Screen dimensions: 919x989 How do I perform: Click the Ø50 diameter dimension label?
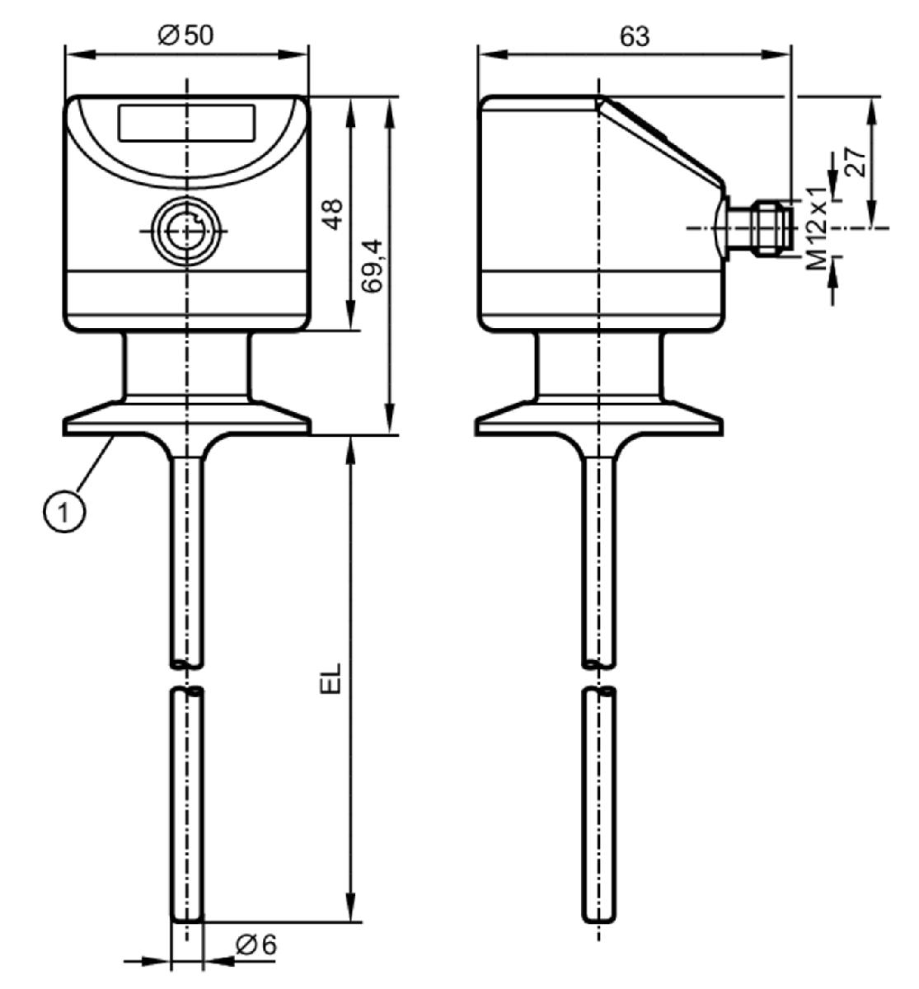tap(185, 35)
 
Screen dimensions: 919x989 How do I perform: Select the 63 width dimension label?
tap(635, 37)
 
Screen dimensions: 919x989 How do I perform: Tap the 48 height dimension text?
tap(333, 214)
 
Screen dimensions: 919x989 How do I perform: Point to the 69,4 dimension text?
tap(373, 266)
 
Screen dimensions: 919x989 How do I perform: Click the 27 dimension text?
tap(856, 162)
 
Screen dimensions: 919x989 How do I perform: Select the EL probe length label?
tap(331, 677)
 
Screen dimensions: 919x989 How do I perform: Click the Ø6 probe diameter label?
tap(256, 944)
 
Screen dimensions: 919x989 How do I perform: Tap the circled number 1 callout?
tap(63, 512)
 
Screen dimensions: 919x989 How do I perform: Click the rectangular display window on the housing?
tap(187, 122)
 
